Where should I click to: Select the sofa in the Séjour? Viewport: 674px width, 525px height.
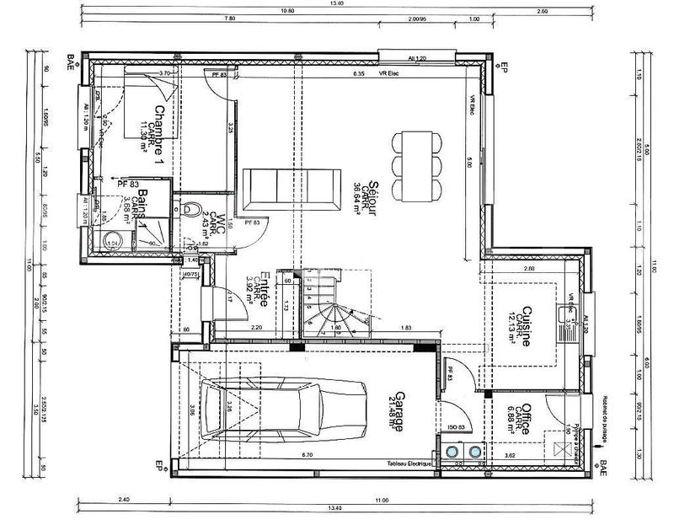[x=284, y=188]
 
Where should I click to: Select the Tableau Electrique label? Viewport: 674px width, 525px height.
[x=410, y=464]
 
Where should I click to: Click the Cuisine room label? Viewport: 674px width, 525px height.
[x=527, y=327]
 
